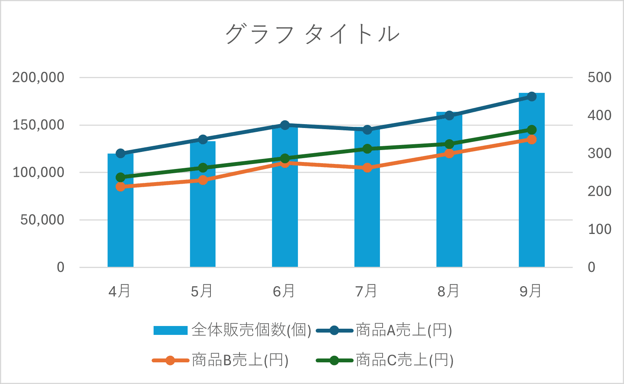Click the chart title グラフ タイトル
312,34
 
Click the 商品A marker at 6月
285,125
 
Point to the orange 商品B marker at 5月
203,180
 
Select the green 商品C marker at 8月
449,144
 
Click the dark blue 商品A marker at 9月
532,97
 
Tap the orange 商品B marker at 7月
367,168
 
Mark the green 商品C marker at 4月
120,177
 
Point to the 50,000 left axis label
42,220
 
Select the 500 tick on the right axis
599,78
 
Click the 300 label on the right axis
599,154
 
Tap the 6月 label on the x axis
284,291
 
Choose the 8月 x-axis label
448,291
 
